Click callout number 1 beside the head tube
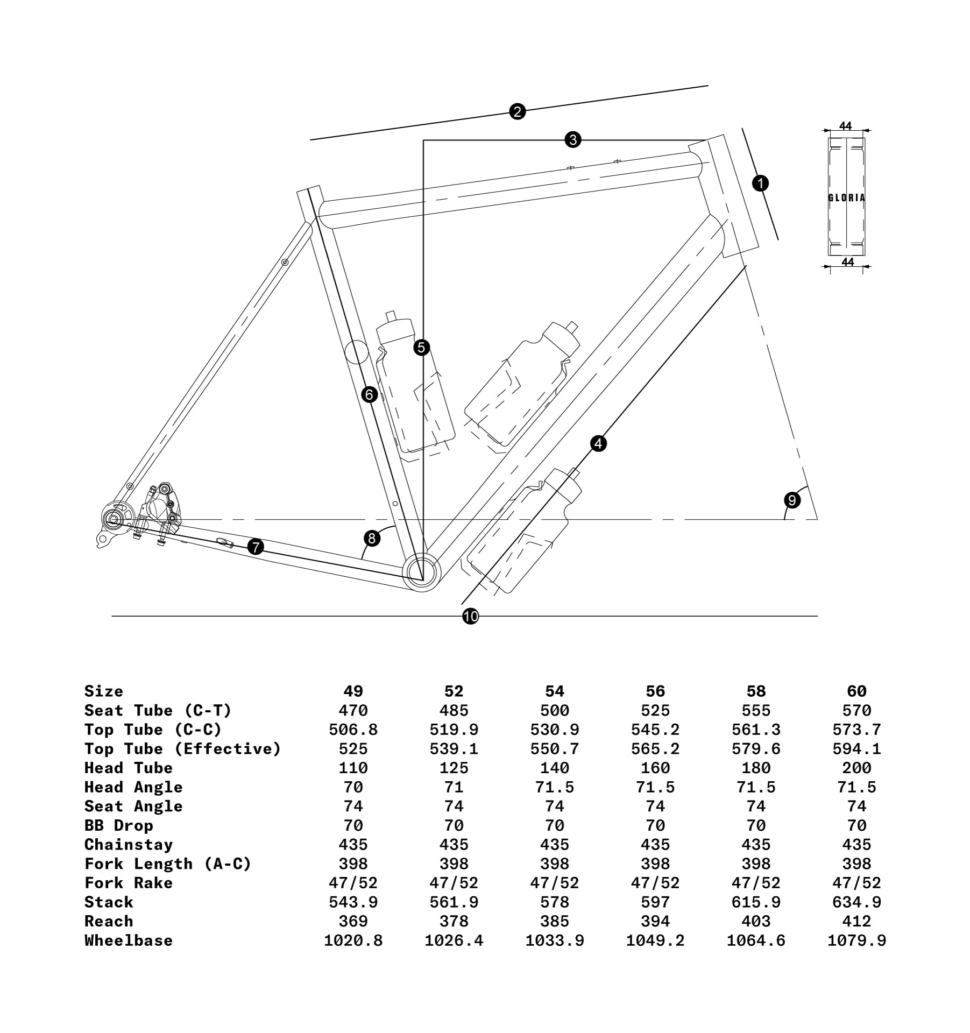[760, 183]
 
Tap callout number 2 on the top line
[517, 112]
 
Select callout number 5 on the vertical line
[422, 348]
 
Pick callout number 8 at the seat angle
[371, 537]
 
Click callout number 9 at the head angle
[792, 500]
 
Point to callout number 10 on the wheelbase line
[470, 617]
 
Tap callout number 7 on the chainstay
[256, 547]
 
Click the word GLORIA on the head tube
[847, 198]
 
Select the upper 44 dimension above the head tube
[846, 126]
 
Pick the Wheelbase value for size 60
[856, 940]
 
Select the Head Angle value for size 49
[353, 787]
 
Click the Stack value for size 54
[555, 902]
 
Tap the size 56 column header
[655, 691]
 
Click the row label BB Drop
[119, 825]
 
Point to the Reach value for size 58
[756, 921]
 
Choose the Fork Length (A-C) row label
[168, 864]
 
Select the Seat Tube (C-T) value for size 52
[454, 711]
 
